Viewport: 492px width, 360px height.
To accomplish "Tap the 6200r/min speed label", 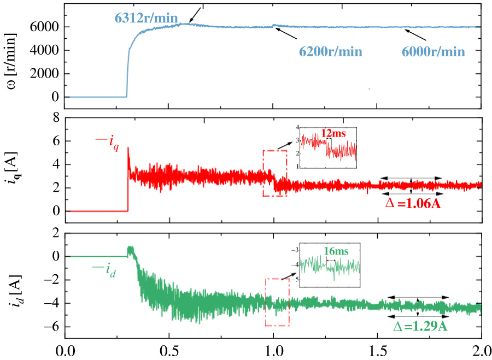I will pos(331,52).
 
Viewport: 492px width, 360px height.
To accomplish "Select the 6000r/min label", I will pos(434,52).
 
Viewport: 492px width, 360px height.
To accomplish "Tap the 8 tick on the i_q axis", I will pos(55,118).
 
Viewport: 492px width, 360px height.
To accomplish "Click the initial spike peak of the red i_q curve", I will pos(128,147).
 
